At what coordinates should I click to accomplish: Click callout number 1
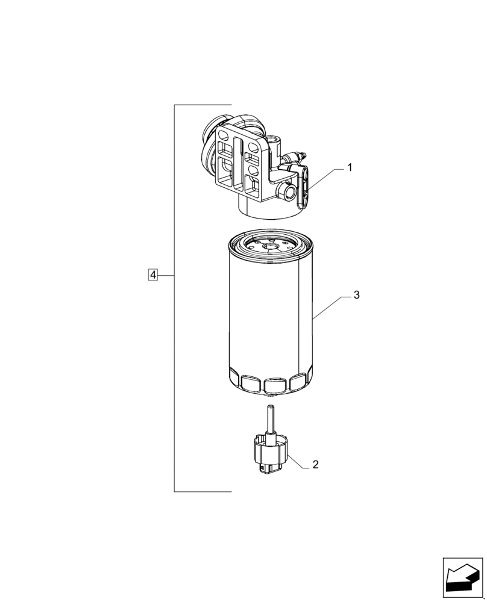pyautogui.click(x=348, y=169)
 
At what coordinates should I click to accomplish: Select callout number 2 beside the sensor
pyautogui.click(x=315, y=465)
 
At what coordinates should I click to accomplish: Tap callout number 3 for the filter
pyautogui.click(x=356, y=295)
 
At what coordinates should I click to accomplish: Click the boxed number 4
pyautogui.click(x=153, y=275)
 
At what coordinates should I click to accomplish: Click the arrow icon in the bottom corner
pyautogui.click(x=462, y=577)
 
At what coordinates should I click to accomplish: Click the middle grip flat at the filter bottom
pyautogui.click(x=274, y=383)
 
